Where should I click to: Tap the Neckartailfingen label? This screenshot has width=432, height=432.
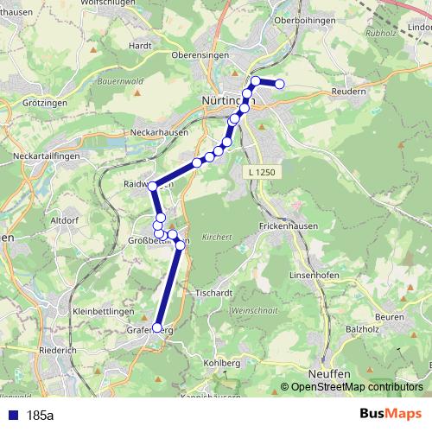point(43,156)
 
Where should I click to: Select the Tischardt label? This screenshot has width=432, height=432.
point(215,292)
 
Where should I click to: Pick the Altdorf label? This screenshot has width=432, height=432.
point(66,220)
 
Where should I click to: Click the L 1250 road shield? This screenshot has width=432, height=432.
point(262,173)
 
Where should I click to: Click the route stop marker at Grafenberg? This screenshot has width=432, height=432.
point(156,327)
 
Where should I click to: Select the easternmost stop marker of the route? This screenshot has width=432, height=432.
point(279,84)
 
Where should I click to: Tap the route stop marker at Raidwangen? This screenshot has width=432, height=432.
point(153,186)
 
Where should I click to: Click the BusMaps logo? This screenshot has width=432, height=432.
point(391,416)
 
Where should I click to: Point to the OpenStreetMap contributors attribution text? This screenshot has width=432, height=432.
point(356,388)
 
